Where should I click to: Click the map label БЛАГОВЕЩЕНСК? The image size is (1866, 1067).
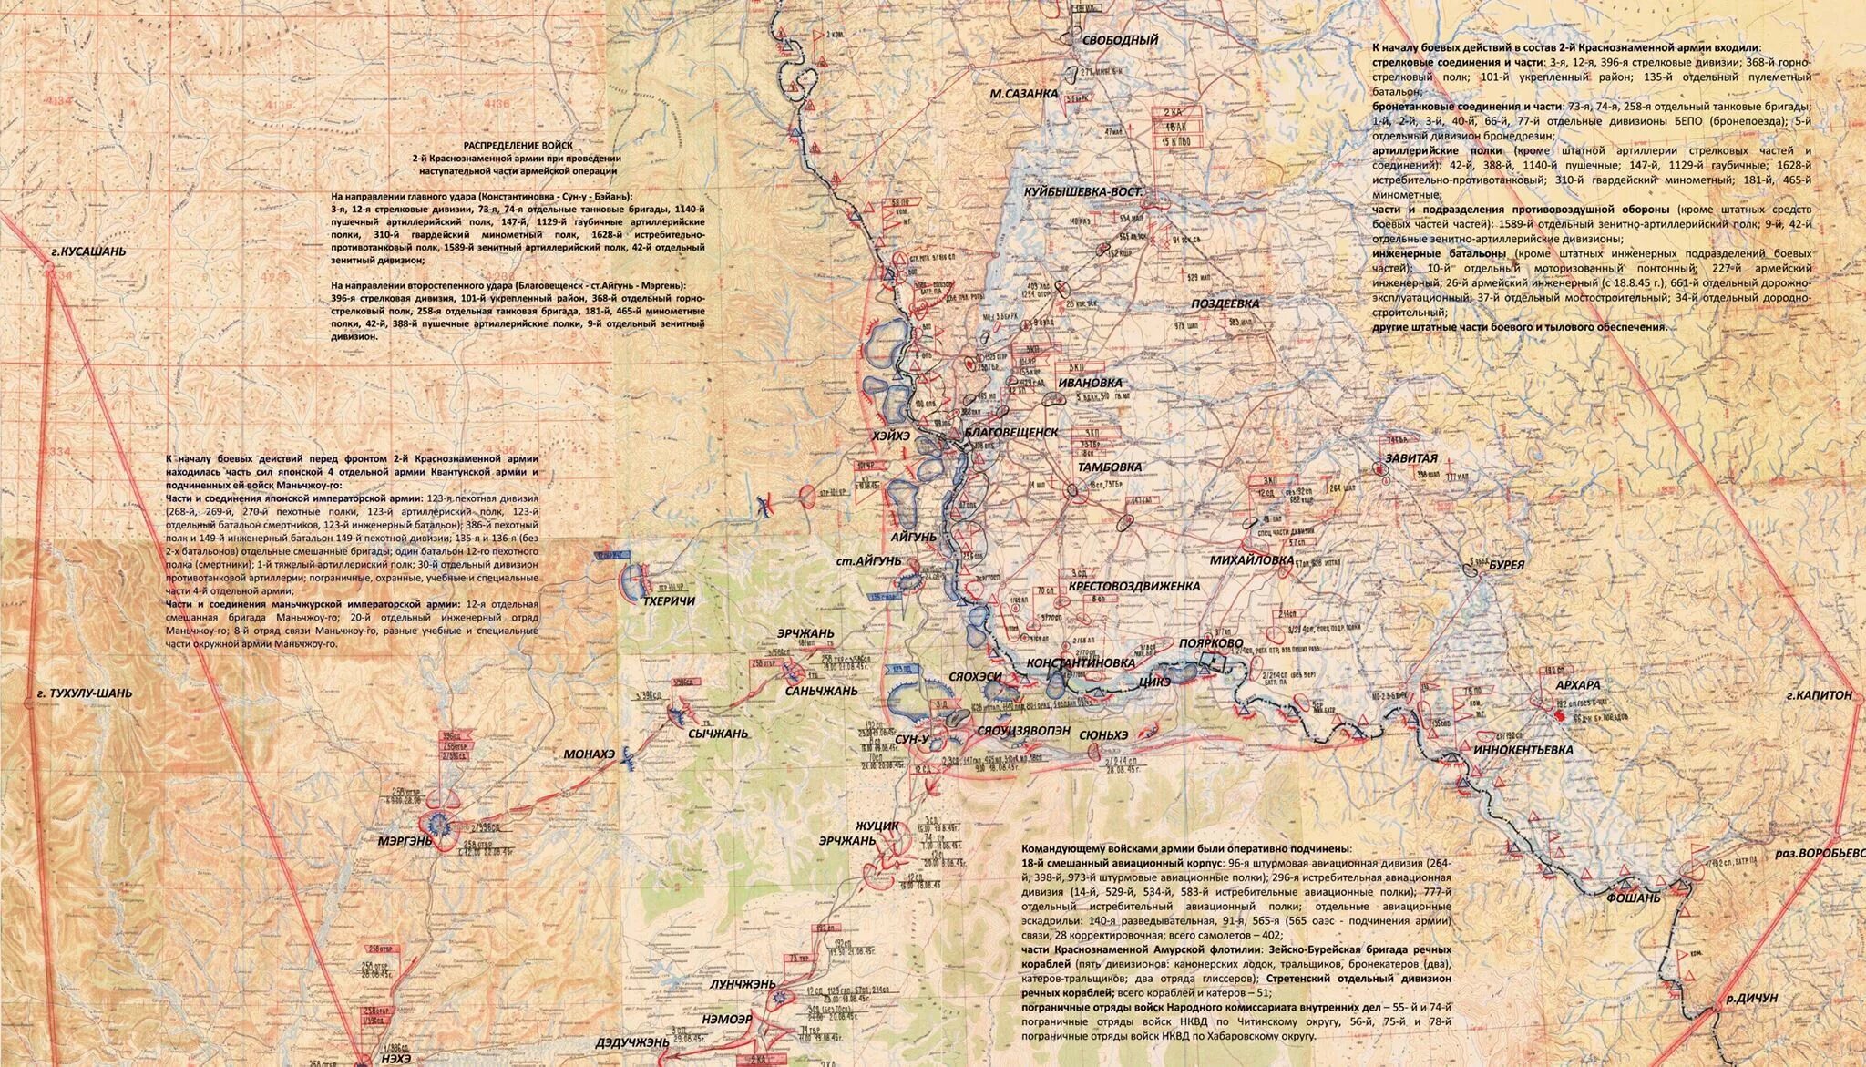tap(1010, 432)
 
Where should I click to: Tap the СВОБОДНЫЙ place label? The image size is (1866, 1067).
tap(1120, 40)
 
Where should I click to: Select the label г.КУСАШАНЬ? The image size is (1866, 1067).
tap(87, 251)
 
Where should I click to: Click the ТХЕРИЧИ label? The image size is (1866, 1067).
tap(669, 601)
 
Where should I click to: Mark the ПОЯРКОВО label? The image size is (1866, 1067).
tap(1211, 642)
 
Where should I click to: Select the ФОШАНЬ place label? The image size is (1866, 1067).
tap(1634, 898)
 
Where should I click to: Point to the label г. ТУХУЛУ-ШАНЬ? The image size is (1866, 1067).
tap(85, 693)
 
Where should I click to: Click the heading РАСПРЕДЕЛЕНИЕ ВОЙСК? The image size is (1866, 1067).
tap(518, 145)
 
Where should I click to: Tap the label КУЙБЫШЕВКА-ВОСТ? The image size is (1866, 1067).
tap(1082, 193)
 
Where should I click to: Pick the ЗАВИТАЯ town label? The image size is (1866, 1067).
tap(1411, 458)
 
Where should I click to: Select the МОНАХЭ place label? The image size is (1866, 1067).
tap(590, 754)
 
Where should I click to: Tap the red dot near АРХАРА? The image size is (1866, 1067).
tap(1557, 717)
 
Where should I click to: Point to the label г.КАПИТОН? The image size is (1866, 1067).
tap(1819, 695)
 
